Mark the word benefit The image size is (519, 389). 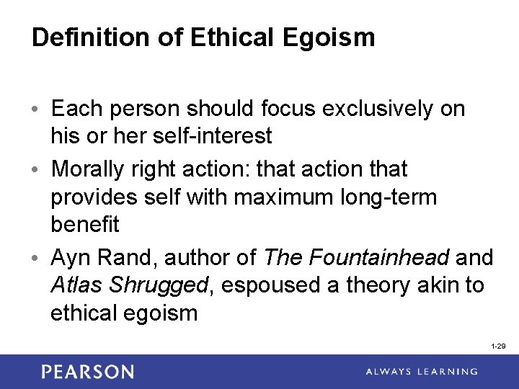coord(84,223)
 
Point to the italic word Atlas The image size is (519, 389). coord(77,285)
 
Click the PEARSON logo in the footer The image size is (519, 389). coord(87,372)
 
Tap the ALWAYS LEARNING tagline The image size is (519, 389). coord(421,372)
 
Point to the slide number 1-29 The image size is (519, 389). coord(497,347)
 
